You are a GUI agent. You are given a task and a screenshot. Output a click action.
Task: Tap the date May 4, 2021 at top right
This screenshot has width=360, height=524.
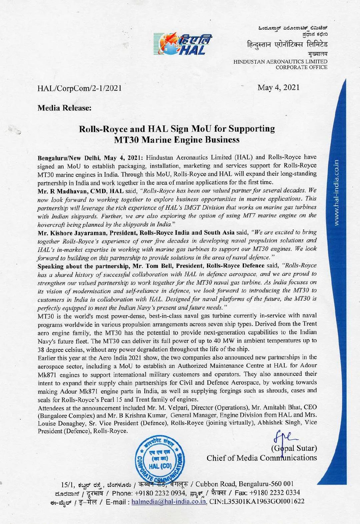coord(279,87)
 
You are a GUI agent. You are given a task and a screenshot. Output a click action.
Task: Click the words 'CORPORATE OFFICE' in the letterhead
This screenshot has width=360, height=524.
coord(301,67)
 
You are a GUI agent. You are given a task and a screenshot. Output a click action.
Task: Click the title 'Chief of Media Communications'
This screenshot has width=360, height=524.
coord(262,458)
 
